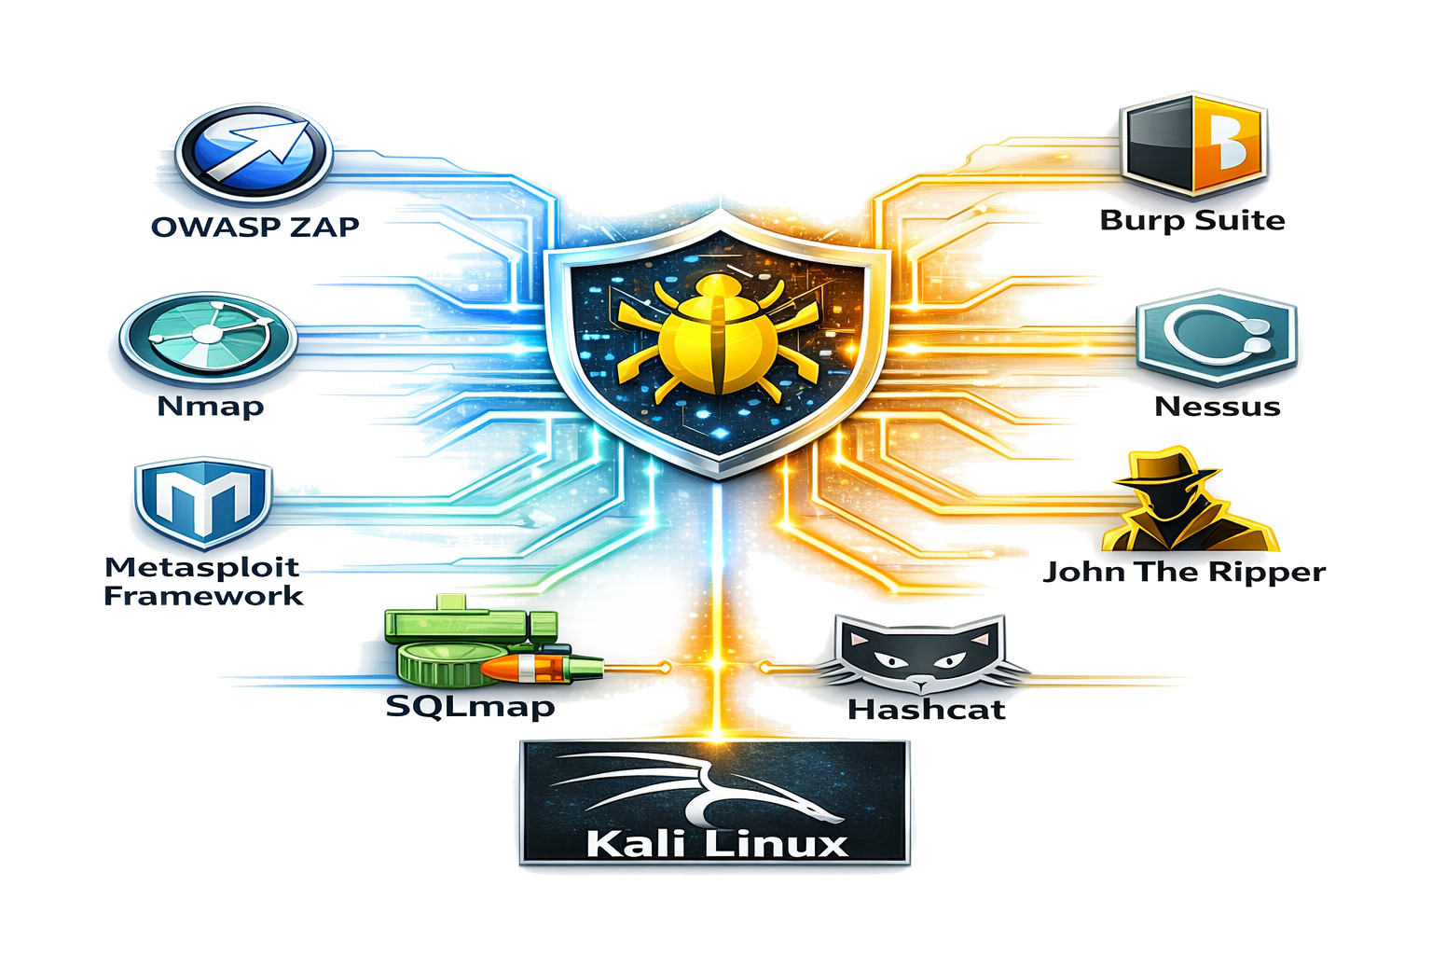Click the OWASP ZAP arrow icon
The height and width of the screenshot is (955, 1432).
(254, 154)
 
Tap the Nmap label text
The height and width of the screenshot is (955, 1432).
(211, 407)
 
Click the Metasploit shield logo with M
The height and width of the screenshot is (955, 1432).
(202, 501)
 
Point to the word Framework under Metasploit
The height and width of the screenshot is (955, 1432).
(203, 597)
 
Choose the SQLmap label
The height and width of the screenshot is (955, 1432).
(470, 706)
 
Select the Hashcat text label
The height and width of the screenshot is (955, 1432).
(927, 710)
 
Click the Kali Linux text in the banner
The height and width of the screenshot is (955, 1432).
(717, 843)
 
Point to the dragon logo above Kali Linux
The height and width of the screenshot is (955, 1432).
(709, 789)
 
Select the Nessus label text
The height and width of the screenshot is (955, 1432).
(1217, 407)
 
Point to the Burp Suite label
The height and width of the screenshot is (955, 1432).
(1192, 220)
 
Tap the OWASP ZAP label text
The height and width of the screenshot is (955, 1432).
(255, 227)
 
